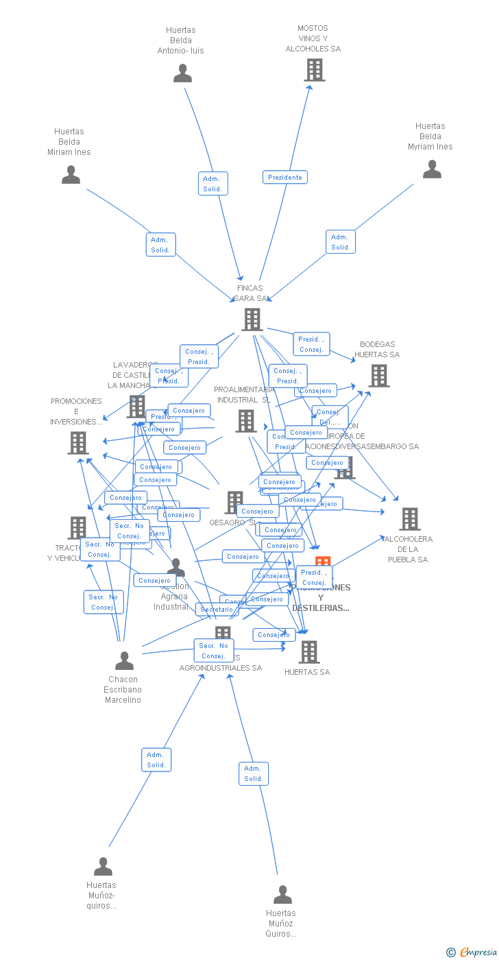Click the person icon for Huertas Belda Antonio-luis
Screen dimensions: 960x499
[182, 73]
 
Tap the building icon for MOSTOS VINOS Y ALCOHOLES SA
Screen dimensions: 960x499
[314, 70]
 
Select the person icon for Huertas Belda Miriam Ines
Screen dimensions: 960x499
[71, 175]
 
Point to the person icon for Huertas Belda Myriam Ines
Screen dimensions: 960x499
[432, 169]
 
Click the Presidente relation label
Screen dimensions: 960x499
[284, 177]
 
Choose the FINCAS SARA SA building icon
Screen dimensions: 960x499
[252, 319]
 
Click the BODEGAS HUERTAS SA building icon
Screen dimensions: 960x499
[378, 376]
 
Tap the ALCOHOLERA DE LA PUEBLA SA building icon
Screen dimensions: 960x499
[409, 519]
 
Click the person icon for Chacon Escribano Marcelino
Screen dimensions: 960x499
[124, 660]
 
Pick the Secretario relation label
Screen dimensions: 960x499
[217, 610]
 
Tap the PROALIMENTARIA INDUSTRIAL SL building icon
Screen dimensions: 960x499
[245, 420]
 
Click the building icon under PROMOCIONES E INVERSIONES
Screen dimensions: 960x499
[78, 443]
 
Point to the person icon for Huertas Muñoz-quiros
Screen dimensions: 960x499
[103, 866]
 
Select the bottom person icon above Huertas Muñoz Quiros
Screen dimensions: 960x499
[282, 894]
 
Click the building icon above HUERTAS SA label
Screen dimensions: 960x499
[309, 651]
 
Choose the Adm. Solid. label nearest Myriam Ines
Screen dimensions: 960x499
[340, 242]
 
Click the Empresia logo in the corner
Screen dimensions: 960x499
[472, 952]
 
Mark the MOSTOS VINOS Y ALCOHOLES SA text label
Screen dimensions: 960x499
[313, 39]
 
